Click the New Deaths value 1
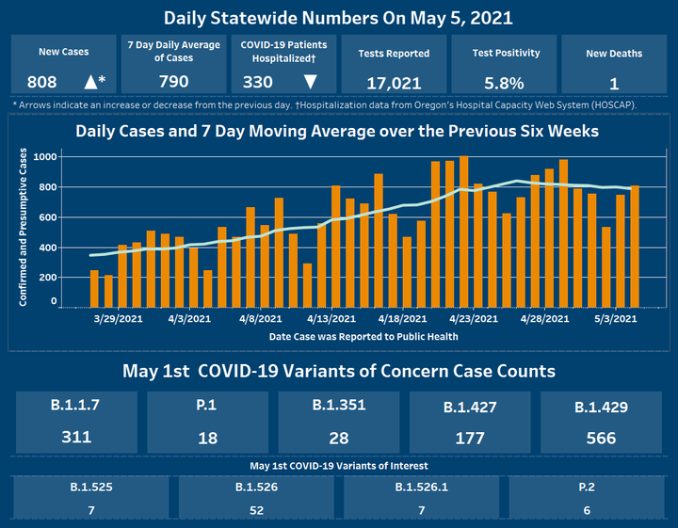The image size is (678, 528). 614,83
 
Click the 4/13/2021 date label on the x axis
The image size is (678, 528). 331,320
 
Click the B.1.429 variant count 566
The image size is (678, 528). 601,439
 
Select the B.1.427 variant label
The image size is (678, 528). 469,408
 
